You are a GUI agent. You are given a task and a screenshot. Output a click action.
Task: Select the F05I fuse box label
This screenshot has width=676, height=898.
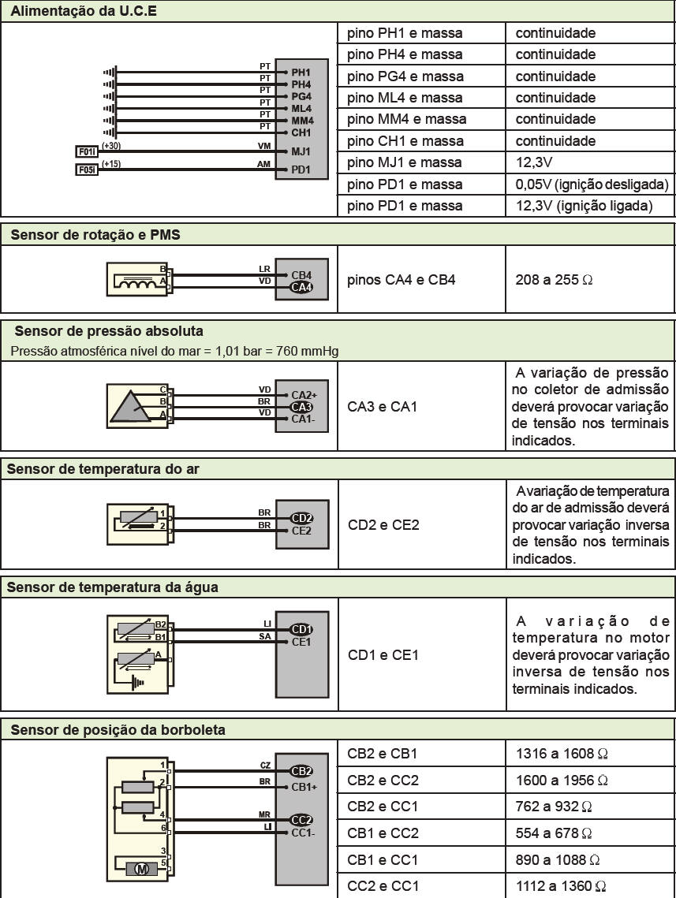[x=86, y=170]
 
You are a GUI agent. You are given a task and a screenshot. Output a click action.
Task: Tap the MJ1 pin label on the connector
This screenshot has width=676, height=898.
[x=301, y=151]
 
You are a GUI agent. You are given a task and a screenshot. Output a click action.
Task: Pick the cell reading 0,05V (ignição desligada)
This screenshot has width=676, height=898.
[x=592, y=184]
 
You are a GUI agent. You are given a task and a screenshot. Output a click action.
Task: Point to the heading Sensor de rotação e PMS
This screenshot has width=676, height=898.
[x=95, y=234]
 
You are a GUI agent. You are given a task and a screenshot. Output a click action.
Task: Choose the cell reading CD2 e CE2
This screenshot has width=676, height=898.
[x=383, y=524]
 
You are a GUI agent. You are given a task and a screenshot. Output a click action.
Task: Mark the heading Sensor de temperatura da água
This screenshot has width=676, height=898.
[x=113, y=587]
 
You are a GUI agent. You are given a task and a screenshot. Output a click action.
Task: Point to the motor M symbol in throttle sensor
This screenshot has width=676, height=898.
[x=142, y=869]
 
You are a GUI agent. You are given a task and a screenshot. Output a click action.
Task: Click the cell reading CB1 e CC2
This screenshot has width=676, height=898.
[x=383, y=833]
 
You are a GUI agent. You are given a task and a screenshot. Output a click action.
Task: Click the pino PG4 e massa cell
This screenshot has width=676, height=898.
[x=405, y=76]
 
